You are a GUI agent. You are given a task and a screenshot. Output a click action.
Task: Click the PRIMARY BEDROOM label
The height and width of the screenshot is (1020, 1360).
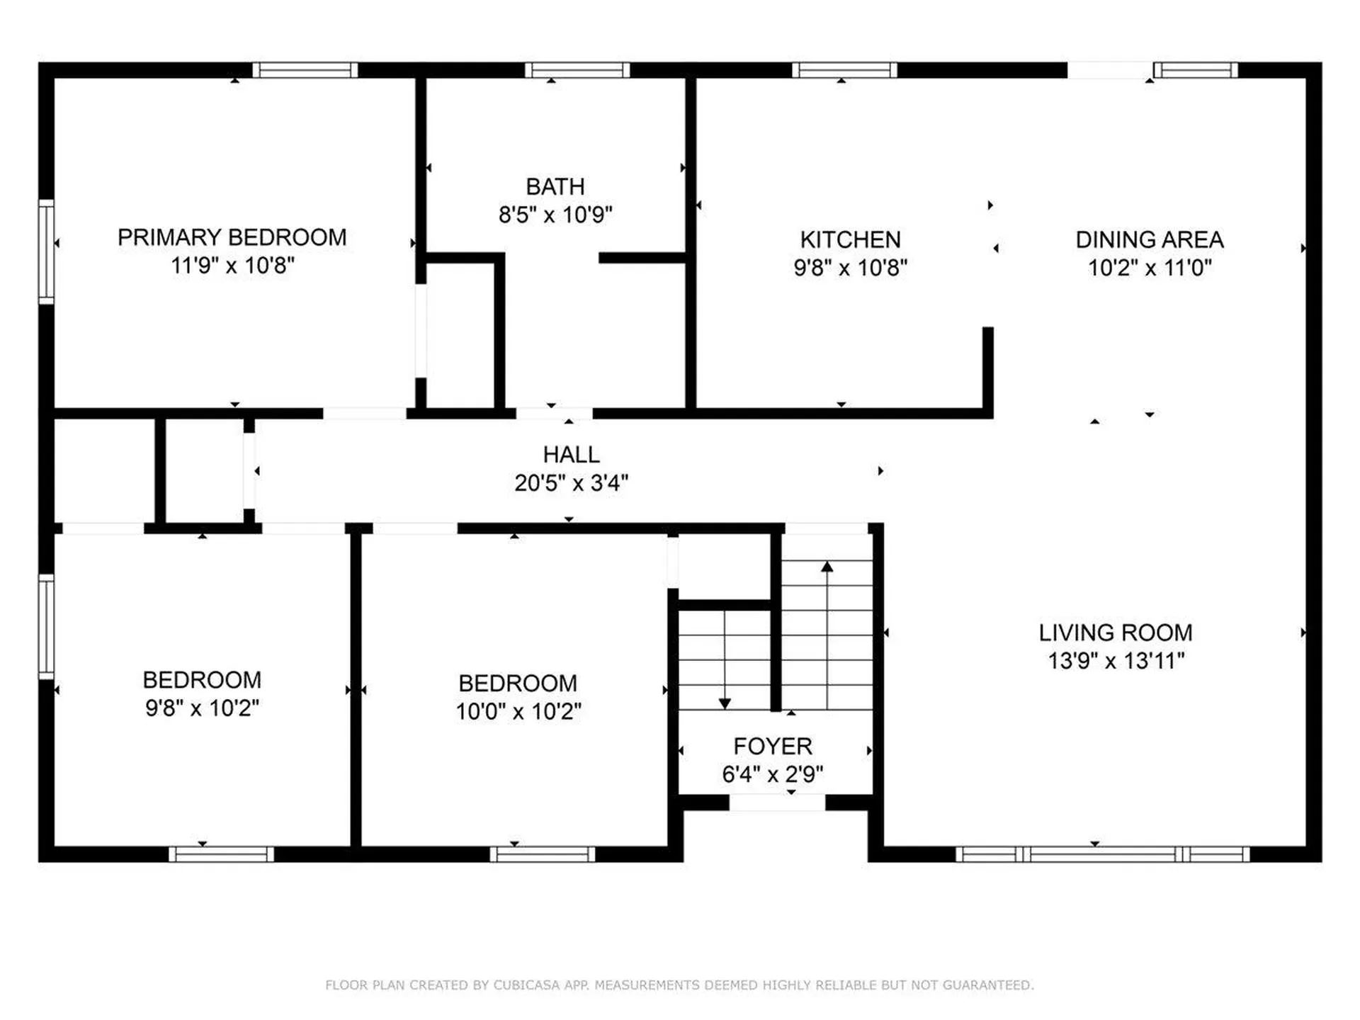tap(232, 237)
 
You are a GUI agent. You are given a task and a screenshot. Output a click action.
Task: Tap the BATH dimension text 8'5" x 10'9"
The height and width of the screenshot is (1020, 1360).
tap(555, 214)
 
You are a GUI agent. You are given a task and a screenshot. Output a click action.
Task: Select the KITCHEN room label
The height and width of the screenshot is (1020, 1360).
tap(850, 239)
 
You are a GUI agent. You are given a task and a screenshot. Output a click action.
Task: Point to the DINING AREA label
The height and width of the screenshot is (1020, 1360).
tap(1150, 239)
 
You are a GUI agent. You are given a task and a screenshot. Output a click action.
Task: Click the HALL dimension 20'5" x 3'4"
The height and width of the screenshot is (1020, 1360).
tap(571, 483)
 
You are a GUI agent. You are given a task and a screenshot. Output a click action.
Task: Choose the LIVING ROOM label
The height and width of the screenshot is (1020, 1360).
tap(1116, 633)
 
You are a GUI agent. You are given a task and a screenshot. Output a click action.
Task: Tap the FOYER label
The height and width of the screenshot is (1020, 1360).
tap(773, 746)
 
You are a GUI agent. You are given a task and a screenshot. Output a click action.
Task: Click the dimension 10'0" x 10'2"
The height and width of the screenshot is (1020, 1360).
tap(518, 711)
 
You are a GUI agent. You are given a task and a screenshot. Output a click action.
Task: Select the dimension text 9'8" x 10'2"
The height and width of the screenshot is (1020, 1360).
tap(203, 708)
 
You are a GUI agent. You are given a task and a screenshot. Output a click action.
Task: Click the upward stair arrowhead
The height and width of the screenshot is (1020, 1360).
tap(827, 567)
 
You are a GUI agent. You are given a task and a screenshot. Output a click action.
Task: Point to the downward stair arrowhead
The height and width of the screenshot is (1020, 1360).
tap(725, 703)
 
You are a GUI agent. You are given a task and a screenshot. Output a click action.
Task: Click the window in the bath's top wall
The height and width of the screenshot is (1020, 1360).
tap(577, 70)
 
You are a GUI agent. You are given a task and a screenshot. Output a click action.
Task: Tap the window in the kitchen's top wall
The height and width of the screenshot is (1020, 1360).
tap(844, 70)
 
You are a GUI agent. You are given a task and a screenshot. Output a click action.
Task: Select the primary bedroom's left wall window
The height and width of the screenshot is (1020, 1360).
tap(46, 251)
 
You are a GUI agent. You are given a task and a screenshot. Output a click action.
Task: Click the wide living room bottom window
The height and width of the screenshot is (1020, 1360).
tap(1102, 854)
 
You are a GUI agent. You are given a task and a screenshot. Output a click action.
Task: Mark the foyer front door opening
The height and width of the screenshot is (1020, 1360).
tap(777, 803)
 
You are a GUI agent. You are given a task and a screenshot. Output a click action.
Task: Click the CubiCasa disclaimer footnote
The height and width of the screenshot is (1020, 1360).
tap(679, 985)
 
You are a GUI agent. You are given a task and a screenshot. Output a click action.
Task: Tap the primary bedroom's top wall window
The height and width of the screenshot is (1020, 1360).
tap(305, 70)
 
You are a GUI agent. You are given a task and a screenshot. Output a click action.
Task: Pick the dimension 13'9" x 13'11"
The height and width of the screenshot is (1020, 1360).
tap(1116, 661)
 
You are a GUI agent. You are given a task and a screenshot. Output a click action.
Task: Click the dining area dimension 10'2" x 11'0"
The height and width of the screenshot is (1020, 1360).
tap(1150, 268)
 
